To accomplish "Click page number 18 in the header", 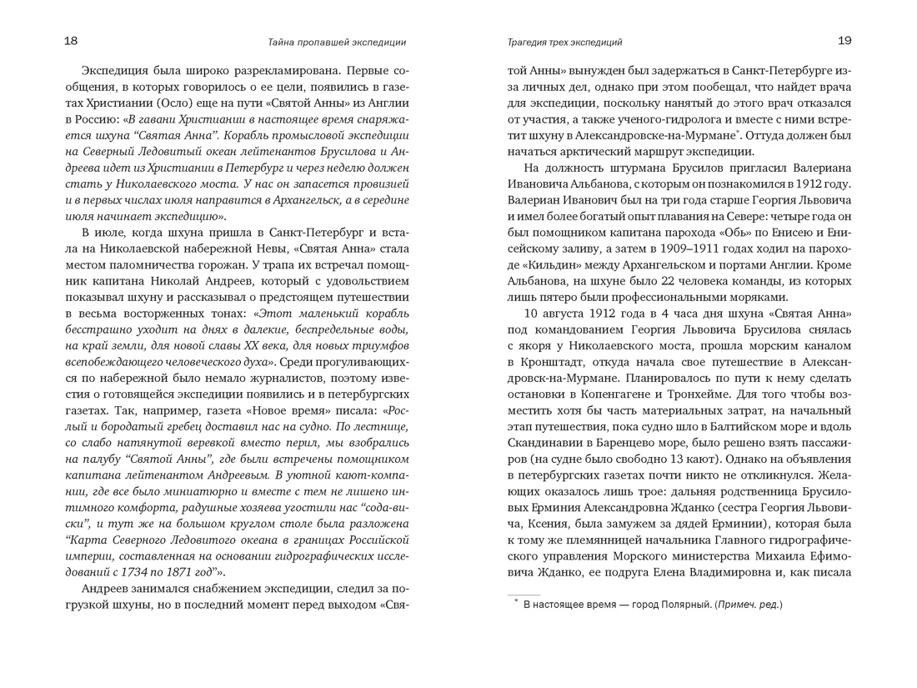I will tap(71, 41).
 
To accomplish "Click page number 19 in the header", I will tap(844, 41).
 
